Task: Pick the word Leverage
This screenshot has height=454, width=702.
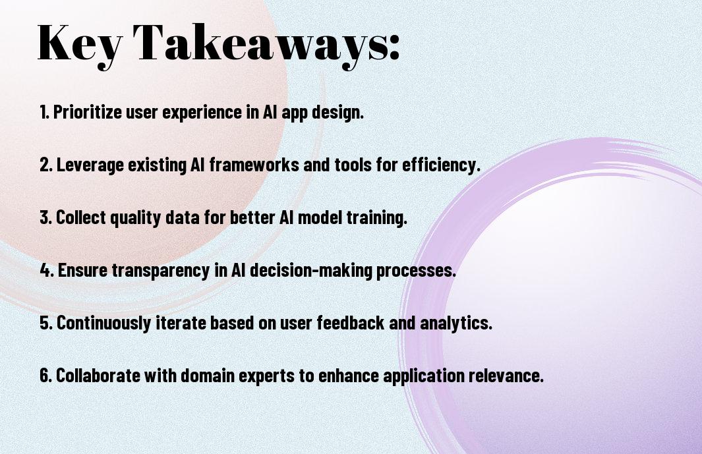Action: point(90,165)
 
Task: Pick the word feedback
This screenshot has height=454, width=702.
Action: point(351,322)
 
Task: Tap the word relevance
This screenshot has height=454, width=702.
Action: point(506,375)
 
